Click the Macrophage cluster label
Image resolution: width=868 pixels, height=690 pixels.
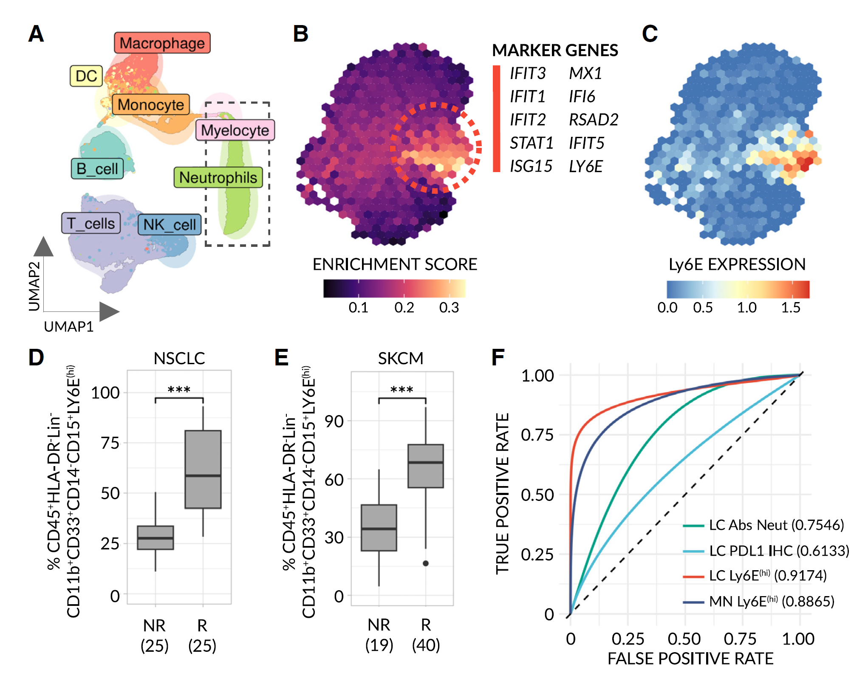coord(162,43)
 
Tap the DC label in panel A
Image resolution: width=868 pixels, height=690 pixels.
coord(86,76)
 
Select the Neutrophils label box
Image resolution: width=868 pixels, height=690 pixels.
coord(218,178)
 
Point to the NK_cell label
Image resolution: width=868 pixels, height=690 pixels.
coord(169,225)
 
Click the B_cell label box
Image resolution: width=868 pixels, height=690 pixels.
coord(97,169)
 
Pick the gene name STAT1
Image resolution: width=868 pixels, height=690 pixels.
coord(532,143)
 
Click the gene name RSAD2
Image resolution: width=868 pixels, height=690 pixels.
coord(594,120)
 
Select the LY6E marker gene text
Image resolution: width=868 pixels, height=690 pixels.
coord(586,167)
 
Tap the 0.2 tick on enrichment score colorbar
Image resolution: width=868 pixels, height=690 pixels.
coord(404,307)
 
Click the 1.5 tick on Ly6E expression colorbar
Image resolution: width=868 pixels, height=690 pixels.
coord(791,307)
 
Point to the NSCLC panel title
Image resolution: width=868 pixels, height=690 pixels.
coord(179,358)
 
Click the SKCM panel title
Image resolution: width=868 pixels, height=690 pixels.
coord(401,358)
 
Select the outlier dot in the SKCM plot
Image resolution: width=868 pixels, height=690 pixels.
coord(426,563)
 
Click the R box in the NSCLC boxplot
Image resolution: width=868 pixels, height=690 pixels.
coord(203,469)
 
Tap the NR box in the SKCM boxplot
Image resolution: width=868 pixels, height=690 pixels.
coord(379,528)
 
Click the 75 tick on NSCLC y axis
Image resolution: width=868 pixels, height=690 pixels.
coord(110,443)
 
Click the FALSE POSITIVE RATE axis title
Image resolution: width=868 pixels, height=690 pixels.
coord(690,659)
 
